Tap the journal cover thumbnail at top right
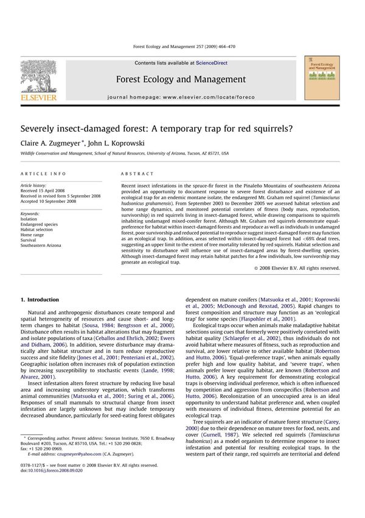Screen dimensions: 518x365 (x=322, y=77)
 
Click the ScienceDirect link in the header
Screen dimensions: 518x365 (x=209, y=63)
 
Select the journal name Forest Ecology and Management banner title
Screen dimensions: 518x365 (x=181, y=79)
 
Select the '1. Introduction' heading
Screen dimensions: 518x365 (x=40, y=300)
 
